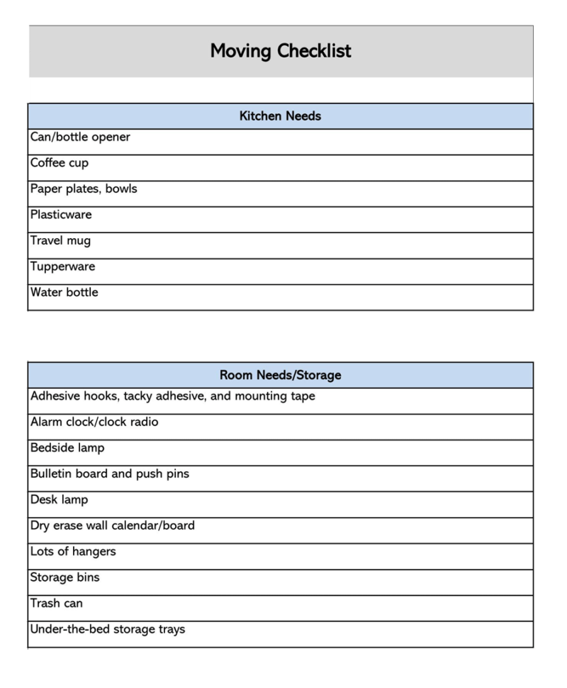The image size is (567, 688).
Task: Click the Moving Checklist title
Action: coord(281,51)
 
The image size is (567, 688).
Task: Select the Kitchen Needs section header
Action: coord(280,116)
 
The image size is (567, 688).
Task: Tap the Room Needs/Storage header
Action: coord(280,375)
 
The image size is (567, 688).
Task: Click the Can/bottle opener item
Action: coord(80,137)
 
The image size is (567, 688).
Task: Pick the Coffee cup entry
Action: coord(60,163)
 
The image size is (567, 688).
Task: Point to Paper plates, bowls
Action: coord(84,189)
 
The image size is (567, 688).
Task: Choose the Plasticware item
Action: coord(61,215)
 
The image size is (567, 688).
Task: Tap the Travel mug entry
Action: coord(60,241)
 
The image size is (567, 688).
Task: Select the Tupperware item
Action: coord(62,266)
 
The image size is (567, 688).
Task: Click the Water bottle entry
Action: coord(64,293)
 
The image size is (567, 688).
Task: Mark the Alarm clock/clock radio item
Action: coord(94,422)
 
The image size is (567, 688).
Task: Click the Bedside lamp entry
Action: coord(67,449)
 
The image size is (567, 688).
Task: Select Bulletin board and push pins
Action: coord(110,474)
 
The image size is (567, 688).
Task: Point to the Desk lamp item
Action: coord(60,500)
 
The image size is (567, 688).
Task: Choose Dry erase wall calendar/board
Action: coord(112,526)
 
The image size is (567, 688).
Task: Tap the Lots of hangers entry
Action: coord(73,552)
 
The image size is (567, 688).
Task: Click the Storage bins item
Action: coord(65,577)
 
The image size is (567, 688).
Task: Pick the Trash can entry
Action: coord(57,604)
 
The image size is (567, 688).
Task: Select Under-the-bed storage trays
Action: coord(108,629)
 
